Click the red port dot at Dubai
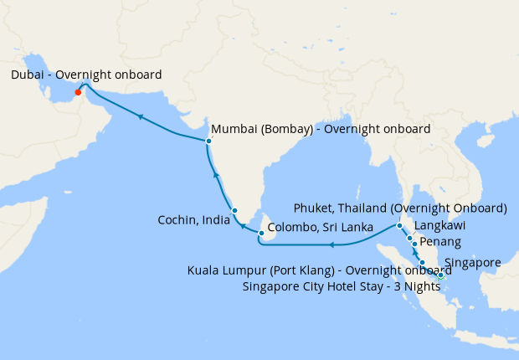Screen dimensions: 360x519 pyautogui.click(x=77, y=92)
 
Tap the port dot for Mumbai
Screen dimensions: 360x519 pyautogui.click(x=208, y=141)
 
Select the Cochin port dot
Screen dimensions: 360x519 pyautogui.click(x=234, y=210)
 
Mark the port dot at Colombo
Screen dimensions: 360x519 pyautogui.click(x=262, y=233)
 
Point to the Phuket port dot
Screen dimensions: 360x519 pyautogui.click(x=399, y=226)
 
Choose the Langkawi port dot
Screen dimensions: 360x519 pyautogui.click(x=409, y=238)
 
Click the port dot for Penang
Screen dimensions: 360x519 pyautogui.click(x=414, y=244)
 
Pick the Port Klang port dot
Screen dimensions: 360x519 pyautogui.click(x=422, y=263)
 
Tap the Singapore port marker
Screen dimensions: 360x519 pyautogui.click(x=440, y=274)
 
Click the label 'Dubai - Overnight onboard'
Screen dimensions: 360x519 pyautogui.click(x=86, y=75)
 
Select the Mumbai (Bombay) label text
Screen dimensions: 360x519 pyautogui.click(x=321, y=129)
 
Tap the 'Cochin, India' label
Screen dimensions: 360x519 pyautogui.click(x=195, y=220)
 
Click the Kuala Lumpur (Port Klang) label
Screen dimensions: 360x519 pyautogui.click(x=315, y=270)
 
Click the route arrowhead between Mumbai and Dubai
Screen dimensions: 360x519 pyautogui.click(x=141, y=117)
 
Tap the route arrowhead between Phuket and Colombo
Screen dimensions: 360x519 pyautogui.click(x=332, y=245)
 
